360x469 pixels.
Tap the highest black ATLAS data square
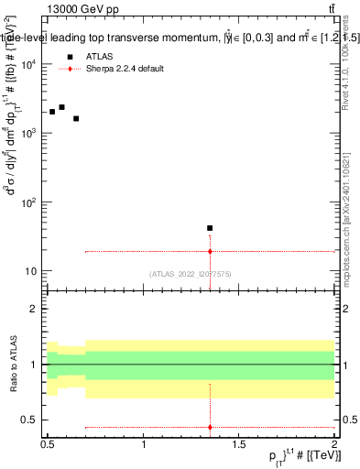tap(61, 107)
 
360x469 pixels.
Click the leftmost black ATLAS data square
tap(52, 112)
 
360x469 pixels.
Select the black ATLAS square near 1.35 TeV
tap(210, 228)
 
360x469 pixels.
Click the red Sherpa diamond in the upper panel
tap(210, 251)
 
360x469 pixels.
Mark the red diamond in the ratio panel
tap(210, 427)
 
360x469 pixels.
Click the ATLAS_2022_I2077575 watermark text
tap(191, 274)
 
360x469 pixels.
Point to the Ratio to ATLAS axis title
tap(12, 364)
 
